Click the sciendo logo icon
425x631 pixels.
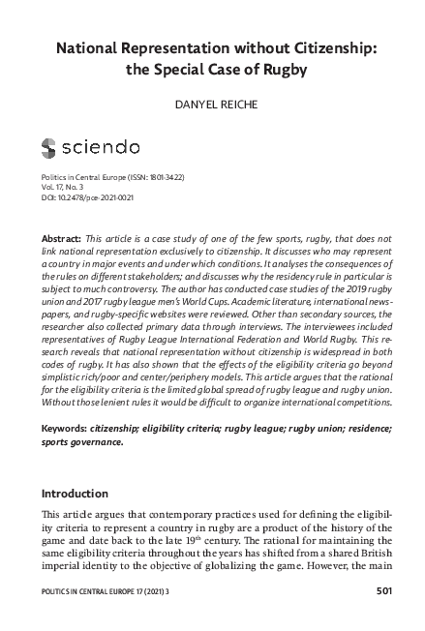pyautogui.click(x=48, y=148)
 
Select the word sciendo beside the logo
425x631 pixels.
pyautogui.click(x=101, y=148)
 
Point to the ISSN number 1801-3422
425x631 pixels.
pyautogui.click(x=167, y=178)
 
